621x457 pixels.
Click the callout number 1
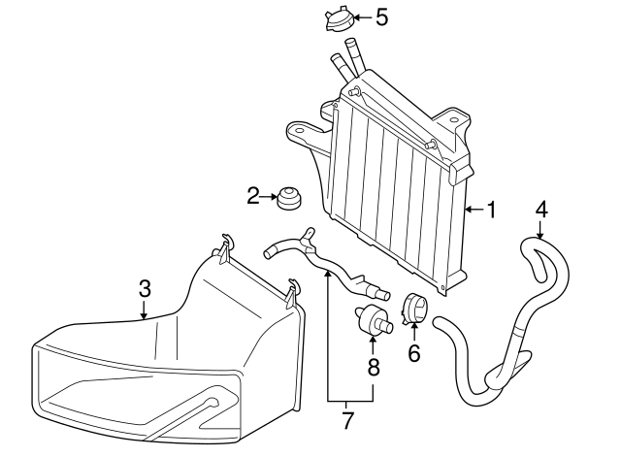click(x=492, y=209)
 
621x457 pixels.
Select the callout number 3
click(x=145, y=288)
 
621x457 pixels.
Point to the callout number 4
click(x=541, y=209)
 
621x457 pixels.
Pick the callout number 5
click(x=381, y=16)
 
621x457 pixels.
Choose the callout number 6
click(x=414, y=353)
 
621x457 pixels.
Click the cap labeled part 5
click(x=337, y=19)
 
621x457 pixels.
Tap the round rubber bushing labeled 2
click(x=288, y=197)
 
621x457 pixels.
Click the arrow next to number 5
click(x=359, y=16)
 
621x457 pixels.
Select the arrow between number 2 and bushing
click(x=270, y=197)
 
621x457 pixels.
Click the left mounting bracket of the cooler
click(x=306, y=136)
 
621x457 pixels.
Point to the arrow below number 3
click(x=145, y=310)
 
